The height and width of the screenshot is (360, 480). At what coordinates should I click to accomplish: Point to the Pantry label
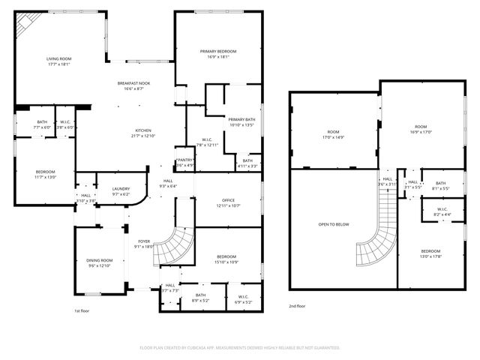tap(184, 160)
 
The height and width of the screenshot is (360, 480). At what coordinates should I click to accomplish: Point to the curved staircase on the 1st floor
tap(174, 247)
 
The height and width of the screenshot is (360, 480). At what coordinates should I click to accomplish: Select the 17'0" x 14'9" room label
tap(333, 134)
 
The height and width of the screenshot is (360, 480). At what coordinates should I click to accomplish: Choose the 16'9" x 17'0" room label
tap(420, 130)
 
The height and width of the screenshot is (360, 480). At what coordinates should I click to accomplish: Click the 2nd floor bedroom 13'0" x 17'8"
tap(430, 253)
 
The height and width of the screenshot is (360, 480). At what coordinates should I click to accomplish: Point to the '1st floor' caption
tap(82, 310)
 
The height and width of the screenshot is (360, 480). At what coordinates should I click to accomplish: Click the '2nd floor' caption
tap(297, 306)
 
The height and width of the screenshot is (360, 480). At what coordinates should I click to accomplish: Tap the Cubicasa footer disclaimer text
tap(240, 348)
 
